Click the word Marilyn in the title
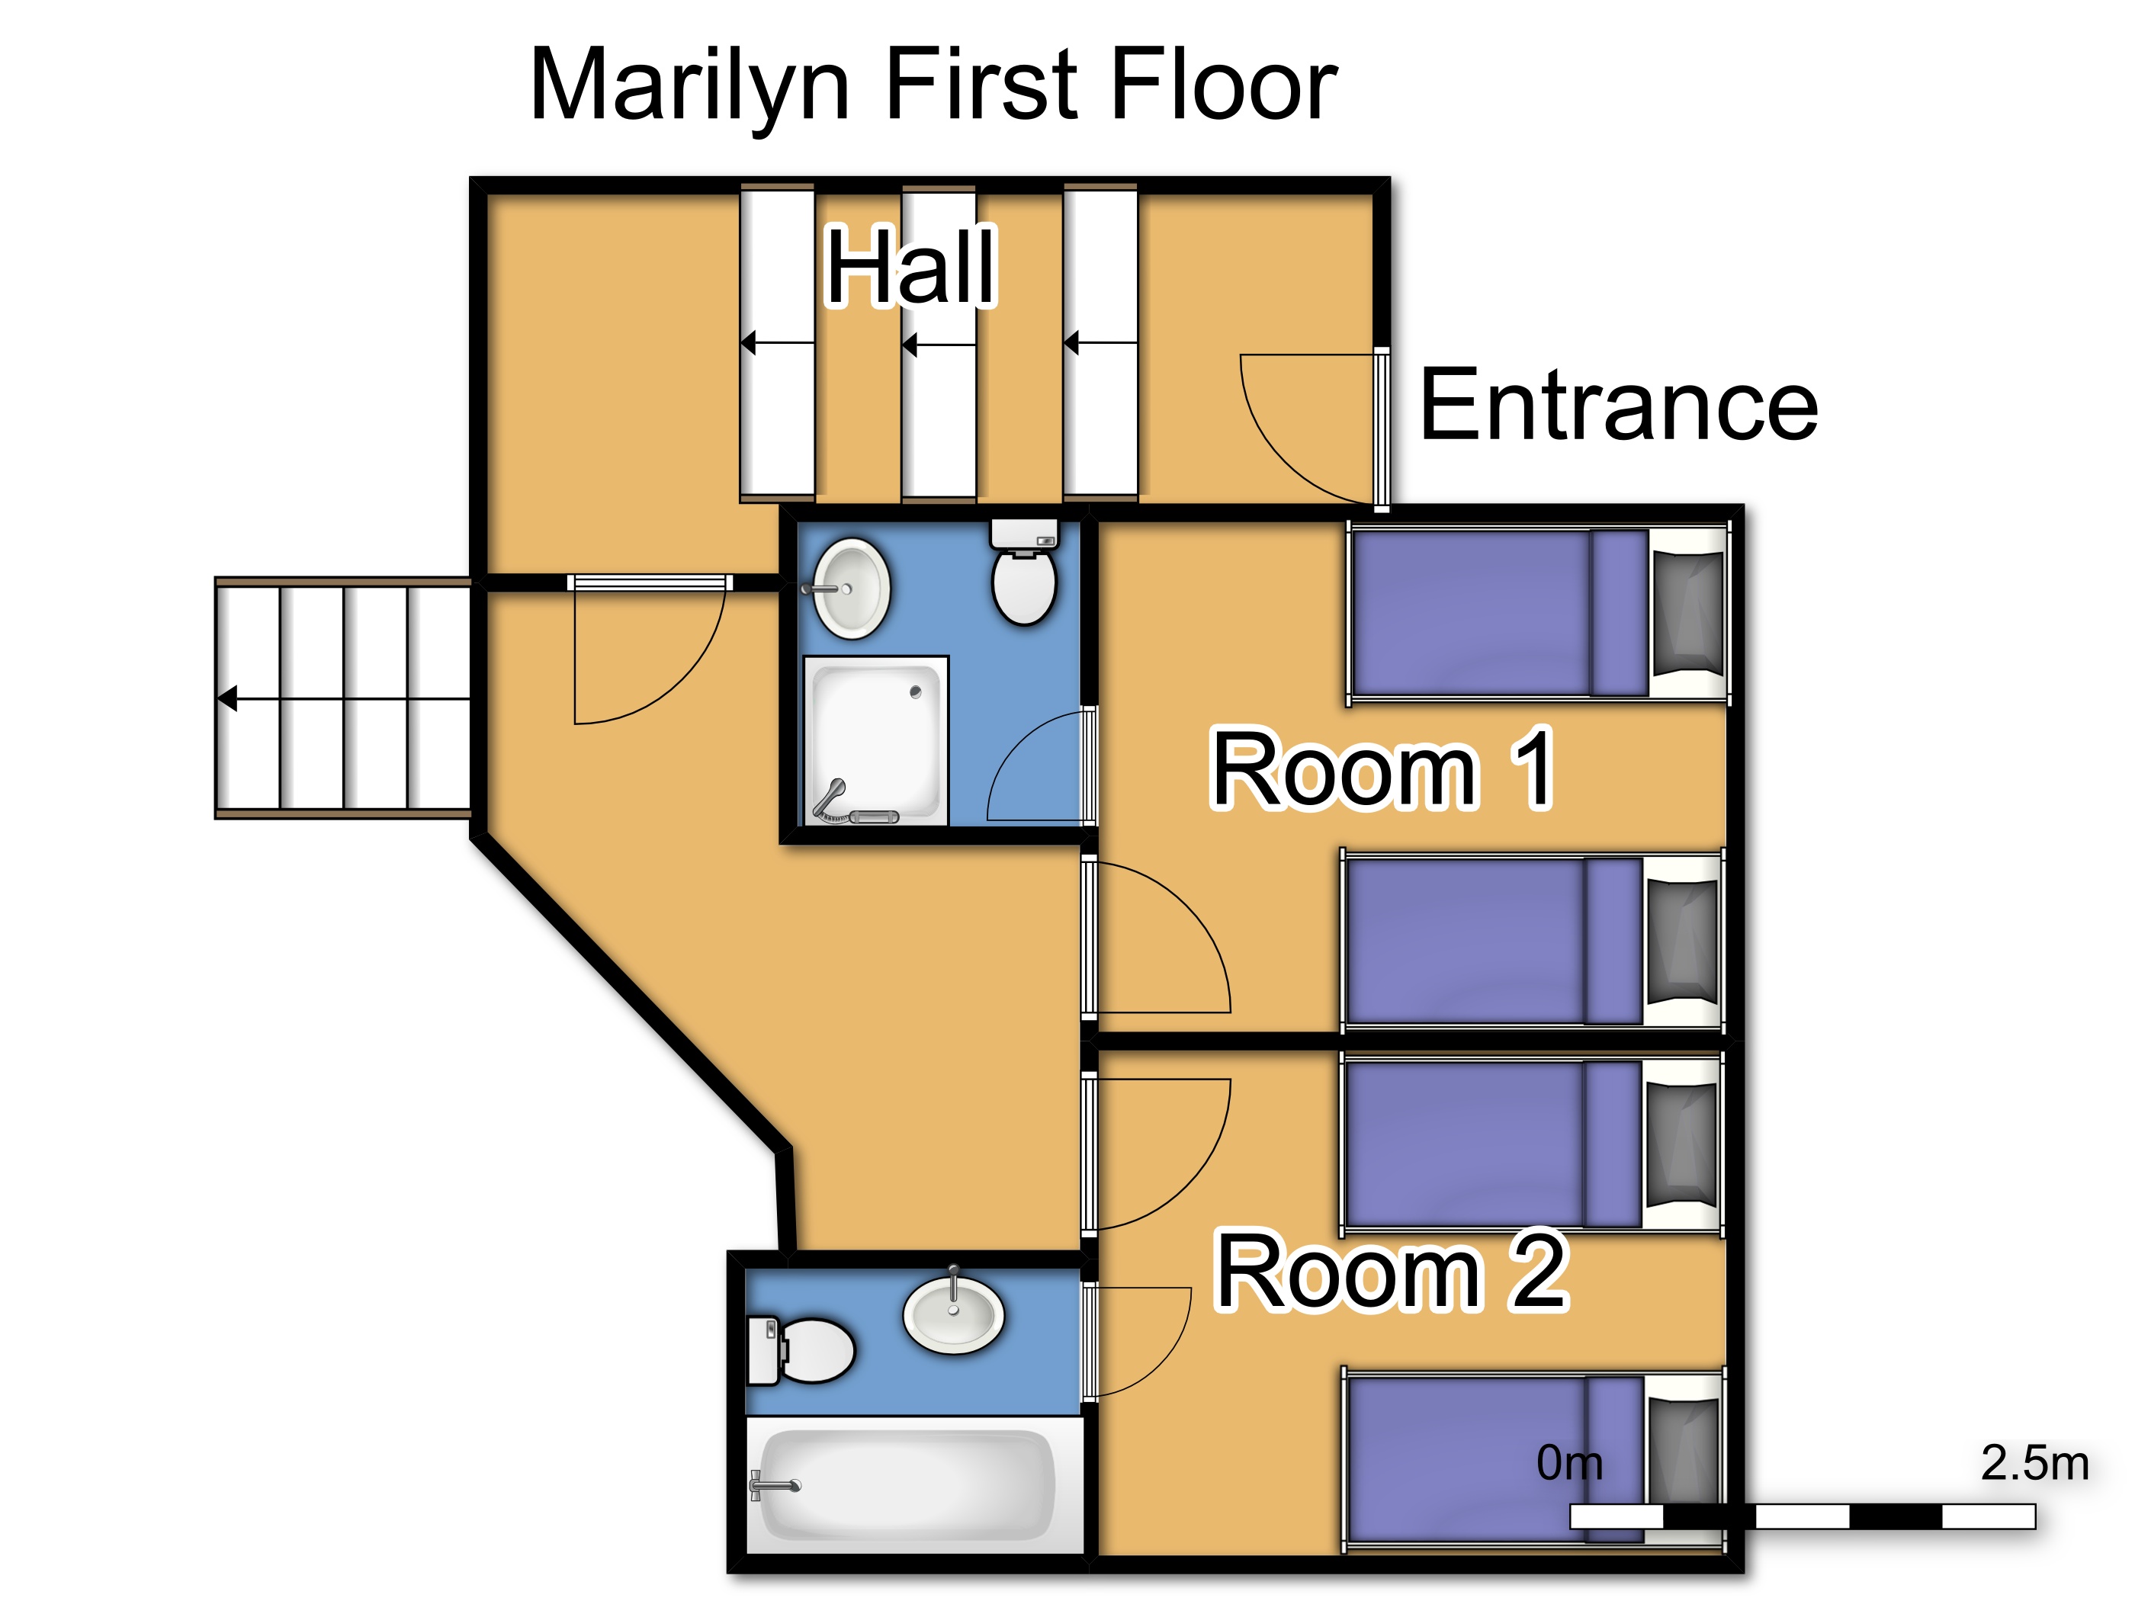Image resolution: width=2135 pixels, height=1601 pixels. (x=690, y=88)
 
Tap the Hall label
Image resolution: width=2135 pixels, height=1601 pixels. (x=911, y=266)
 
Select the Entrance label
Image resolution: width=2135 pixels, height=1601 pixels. (x=1619, y=406)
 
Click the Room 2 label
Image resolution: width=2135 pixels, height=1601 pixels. (x=1391, y=1271)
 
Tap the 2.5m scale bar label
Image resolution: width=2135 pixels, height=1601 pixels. (x=2034, y=1463)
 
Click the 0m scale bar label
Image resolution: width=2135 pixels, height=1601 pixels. (x=1569, y=1463)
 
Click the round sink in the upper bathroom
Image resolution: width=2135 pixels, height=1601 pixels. (x=849, y=589)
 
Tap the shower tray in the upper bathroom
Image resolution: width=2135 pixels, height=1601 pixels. (x=876, y=741)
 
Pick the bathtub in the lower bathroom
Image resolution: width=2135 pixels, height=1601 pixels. (x=914, y=1484)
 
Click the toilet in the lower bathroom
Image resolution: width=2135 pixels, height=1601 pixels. (x=800, y=1350)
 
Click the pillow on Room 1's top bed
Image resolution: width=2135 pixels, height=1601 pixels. (x=1688, y=613)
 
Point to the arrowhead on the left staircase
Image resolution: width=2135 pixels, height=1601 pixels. (x=228, y=698)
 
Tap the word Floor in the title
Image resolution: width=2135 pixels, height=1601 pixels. (x=1224, y=88)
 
